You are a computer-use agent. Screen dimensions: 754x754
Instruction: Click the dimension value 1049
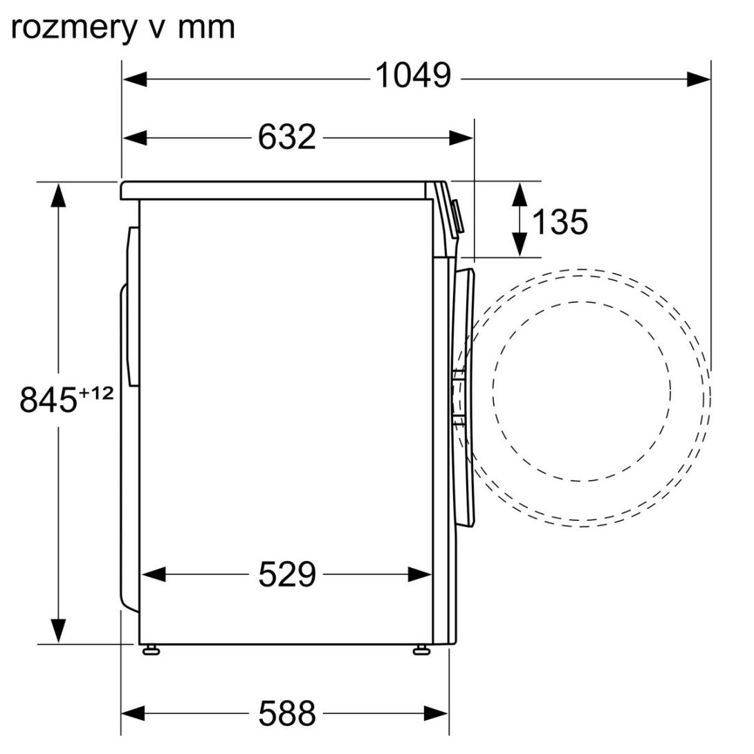tap(413, 75)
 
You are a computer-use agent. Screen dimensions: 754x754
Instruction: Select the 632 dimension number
tap(286, 137)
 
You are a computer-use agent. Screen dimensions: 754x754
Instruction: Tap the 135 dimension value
tap(560, 221)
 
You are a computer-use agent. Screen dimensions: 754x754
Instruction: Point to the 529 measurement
tap(287, 574)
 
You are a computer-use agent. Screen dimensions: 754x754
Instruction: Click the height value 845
tap(48, 399)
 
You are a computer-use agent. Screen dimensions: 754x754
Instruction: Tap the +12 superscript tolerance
tap(95, 393)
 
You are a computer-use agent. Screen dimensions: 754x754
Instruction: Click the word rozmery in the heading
tap(73, 28)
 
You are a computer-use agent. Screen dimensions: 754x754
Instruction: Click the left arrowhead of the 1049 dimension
tap(135, 80)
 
